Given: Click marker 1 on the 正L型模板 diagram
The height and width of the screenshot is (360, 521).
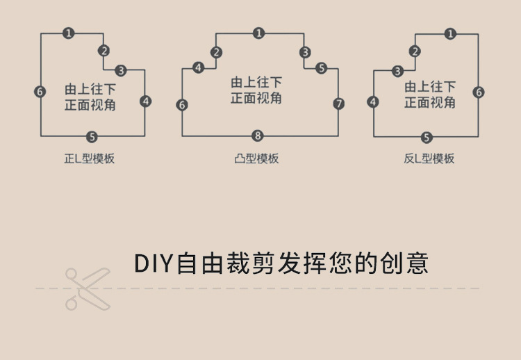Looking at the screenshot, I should [68, 33].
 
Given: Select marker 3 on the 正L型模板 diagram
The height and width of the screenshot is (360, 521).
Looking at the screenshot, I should [121, 70].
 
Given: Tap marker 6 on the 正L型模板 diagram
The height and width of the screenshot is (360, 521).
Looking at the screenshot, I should [40, 91].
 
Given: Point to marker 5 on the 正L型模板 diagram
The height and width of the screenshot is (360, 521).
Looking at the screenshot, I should [92, 136].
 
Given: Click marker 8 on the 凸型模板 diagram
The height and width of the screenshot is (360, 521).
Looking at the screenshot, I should [258, 136].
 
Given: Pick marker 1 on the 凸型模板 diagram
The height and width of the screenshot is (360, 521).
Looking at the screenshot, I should [258, 33].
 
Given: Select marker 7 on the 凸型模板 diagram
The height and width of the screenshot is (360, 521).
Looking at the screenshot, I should [338, 104].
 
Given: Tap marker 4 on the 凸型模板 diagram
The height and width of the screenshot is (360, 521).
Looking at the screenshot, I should [199, 67].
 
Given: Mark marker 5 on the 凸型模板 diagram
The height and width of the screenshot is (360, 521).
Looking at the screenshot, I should [321, 68].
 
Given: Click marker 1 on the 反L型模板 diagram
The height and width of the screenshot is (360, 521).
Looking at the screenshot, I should [450, 33].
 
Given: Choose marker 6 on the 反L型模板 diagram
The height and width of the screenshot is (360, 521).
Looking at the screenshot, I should [479, 92].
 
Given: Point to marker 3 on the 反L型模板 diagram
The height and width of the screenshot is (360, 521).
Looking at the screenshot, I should [397, 71].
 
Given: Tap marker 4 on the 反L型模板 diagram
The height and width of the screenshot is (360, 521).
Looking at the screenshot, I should [374, 102].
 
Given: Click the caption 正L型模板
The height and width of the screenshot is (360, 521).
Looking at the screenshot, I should [89, 159].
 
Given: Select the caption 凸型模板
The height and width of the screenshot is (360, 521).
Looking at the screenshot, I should [256, 159].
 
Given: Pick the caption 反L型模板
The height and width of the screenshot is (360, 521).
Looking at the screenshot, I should [429, 159].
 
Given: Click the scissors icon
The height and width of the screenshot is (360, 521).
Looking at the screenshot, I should [87, 288].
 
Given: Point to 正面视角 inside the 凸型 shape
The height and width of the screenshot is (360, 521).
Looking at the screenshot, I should [256, 98].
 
